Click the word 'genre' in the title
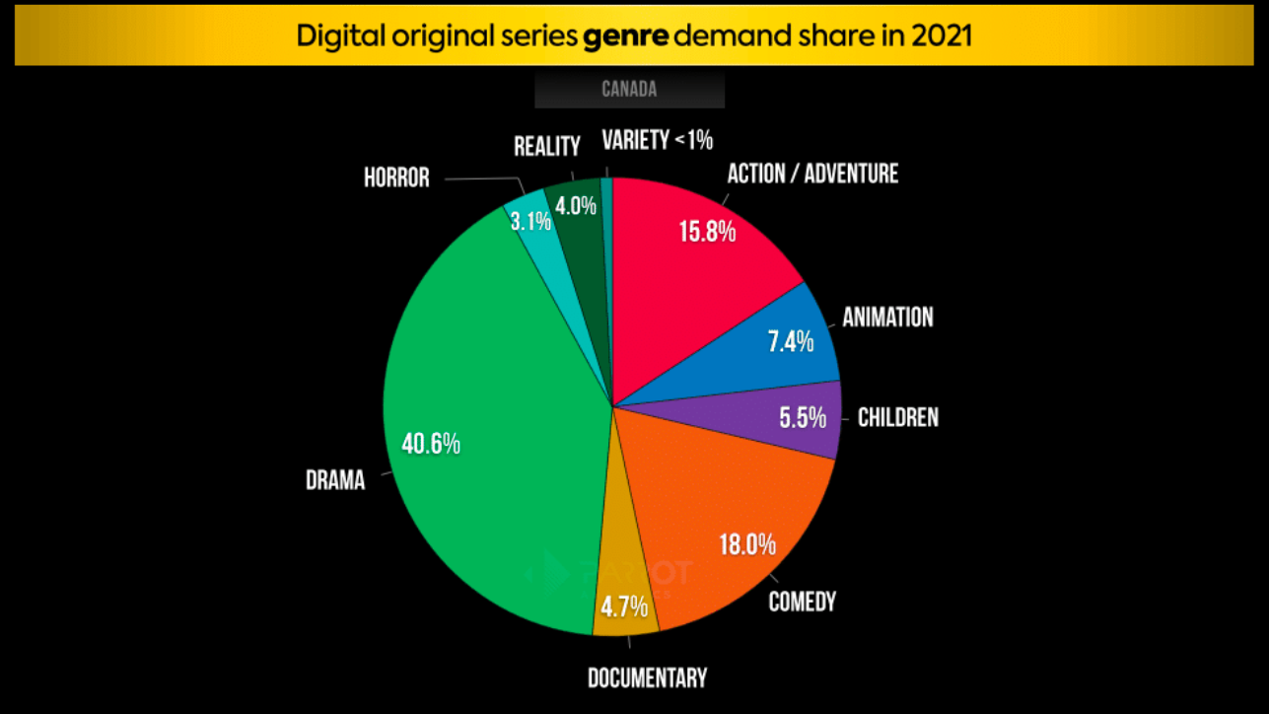point(624,36)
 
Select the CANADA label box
point(629,89)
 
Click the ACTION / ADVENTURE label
point(812,174)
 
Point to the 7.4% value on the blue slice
point(791,341)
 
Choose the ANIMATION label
point(887,318)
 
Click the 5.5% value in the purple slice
point(803,418)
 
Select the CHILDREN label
point(897,417)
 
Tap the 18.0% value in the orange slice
point(747,543)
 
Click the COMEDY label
point(802,602)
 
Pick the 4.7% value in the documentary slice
point(624,606)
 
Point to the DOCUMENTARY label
point(647,678)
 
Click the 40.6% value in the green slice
point(431,444)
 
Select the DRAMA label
point(335,480)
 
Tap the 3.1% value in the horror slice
point(530,221)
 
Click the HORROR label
point(396,178)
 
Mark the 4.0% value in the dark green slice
point(576,206)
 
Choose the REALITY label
point(546,147)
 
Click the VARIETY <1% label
point(657,141)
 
